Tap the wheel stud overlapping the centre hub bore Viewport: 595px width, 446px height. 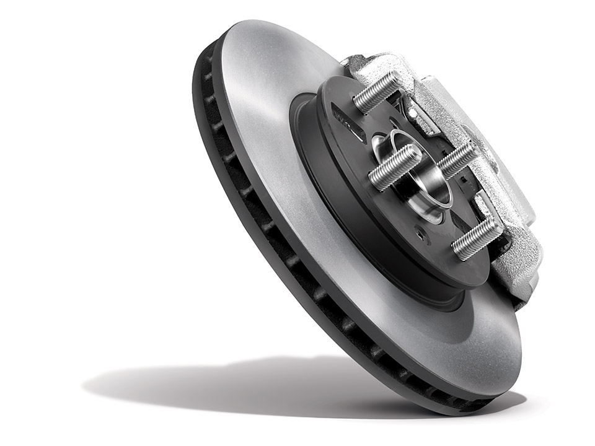pyautogui.click(x=394, y=166)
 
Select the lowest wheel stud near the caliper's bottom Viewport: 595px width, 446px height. pyautogui.click(x=477, y=238)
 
